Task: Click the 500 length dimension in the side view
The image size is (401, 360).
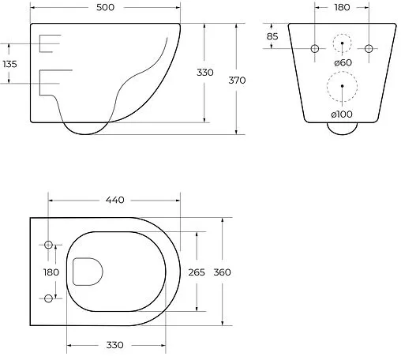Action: [107, 9]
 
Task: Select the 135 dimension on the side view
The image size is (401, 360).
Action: [10, 63]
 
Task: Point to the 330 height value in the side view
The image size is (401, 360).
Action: [204, 73]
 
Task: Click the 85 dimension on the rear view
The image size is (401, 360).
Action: [272, 36]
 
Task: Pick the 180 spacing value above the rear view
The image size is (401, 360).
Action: [341, 9]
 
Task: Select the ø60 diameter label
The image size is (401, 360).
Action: [343, 62]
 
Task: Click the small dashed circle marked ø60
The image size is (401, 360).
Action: [342, 44]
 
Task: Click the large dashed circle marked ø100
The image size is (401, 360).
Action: [342, 88]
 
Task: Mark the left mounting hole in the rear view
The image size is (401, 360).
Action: [315, 49]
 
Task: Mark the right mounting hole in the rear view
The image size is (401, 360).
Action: [369, 49]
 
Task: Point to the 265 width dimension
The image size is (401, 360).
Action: [197, 272]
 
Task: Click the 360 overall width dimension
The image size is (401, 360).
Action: [223, 272]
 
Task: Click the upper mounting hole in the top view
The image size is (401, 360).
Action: [49, 246]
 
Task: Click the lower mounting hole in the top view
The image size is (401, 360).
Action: [49, 298]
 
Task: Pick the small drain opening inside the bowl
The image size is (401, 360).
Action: [87, 272]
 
